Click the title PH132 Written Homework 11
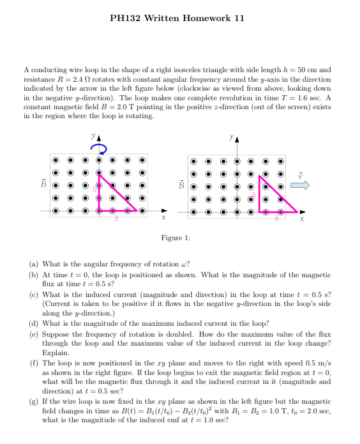tap(177, 18)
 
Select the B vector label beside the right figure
tap(181, 186)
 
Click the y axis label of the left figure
tap(93, 136)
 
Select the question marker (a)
tap(34, 263)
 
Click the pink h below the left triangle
tap(116, 219)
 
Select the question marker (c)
tap(34, 295)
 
